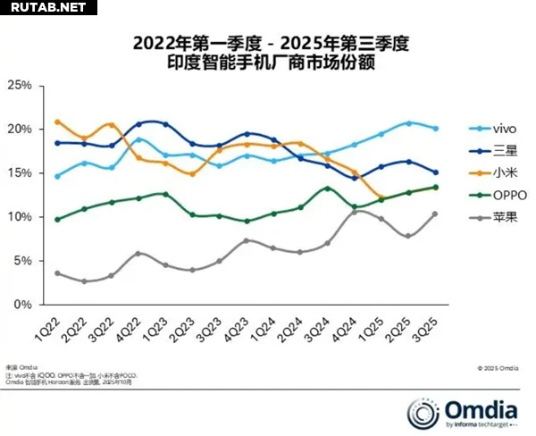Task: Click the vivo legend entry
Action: tap(492, 130)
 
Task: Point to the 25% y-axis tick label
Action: tap(20, 86)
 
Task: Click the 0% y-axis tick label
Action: tap(23, 305)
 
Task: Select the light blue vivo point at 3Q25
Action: tap(435, 129)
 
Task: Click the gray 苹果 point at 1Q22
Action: tap(57, 273)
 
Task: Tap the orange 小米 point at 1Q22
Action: tap(57, 122)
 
